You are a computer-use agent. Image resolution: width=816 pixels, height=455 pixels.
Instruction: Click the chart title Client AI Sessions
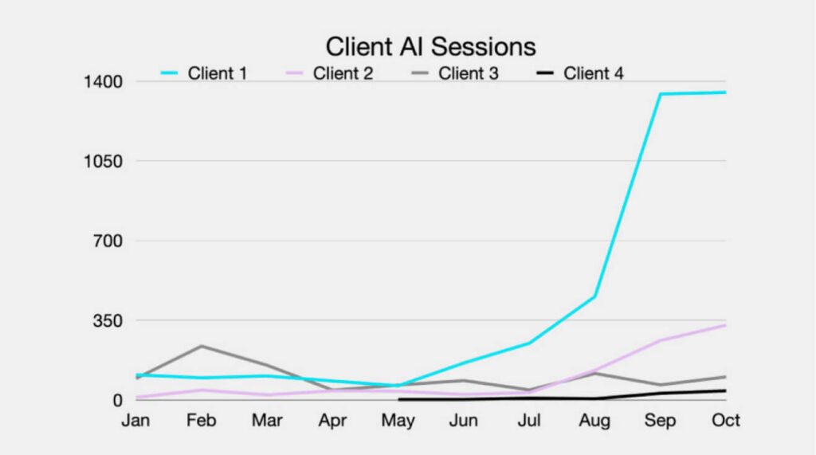coord(430,46)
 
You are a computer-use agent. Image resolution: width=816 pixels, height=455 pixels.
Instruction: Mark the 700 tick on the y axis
coord(104,241)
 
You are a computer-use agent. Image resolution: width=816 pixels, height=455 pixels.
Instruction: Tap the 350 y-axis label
coord(104,320)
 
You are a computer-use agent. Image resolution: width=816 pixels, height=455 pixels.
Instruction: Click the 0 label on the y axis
coord(116,400)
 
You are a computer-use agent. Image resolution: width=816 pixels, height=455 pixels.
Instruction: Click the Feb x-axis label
coord(202,421)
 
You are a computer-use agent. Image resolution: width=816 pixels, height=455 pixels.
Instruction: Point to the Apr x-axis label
coord(332,421)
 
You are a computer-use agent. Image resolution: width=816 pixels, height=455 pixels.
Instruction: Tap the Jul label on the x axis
coord(530,421)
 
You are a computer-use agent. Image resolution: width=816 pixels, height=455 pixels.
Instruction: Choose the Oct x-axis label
coord(726,421)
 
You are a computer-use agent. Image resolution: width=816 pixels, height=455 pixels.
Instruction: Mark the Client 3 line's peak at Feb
coord(202,346)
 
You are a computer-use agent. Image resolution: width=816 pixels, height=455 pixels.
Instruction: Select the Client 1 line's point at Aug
coord(595,296)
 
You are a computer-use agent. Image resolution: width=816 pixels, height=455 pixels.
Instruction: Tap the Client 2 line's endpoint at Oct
coord(725,325)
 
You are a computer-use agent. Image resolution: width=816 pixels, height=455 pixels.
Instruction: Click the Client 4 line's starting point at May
coord(398,398)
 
